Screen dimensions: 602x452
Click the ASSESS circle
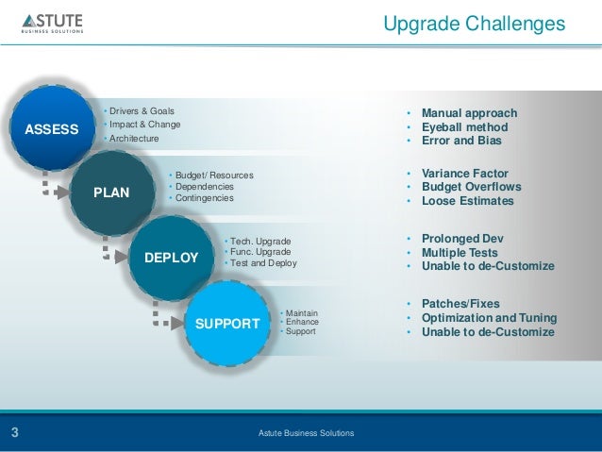point(51,128)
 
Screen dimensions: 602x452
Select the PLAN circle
point(111,193)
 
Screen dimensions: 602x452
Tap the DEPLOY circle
point(171,258)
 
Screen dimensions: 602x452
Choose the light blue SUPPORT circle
point(226,323)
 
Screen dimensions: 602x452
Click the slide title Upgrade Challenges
point(474,24)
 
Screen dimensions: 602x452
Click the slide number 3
point(15,433)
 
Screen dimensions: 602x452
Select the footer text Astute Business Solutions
point(307,433)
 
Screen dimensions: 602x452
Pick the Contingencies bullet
point(203,198)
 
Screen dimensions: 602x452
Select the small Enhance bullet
point(302,322)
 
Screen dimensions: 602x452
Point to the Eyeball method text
point(464,127)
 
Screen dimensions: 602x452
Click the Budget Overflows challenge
point(471,187)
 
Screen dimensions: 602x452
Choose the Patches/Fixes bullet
point(460,304)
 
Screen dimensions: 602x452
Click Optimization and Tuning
point(489,318)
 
